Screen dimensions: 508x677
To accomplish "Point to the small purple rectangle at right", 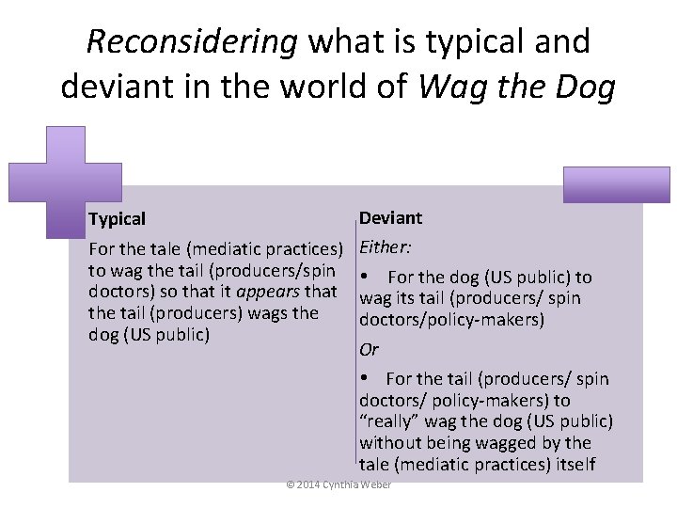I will tap(616, 184).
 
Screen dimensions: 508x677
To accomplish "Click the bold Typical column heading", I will tap(117, 219).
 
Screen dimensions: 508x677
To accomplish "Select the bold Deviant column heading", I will tap(390, 218).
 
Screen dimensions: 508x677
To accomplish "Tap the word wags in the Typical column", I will tap(296, 312).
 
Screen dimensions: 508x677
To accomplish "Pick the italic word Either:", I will tap(383, 249).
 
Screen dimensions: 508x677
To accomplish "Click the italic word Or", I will tap(369, 349).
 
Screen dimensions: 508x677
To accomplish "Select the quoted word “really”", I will tap(389, 421).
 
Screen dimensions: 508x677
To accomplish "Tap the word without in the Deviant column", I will tap(390, 442).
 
